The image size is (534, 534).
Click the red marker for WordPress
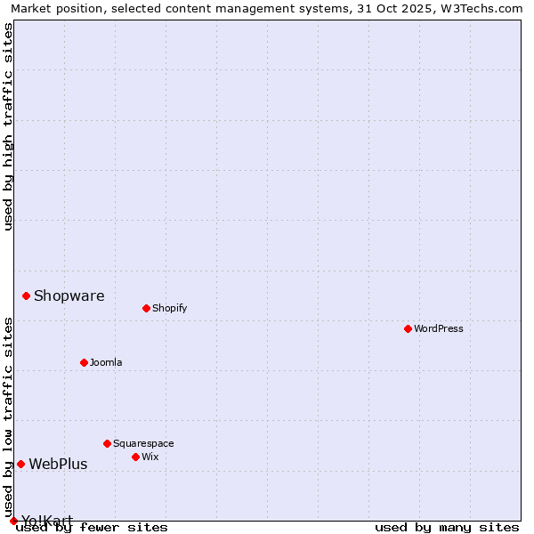[x=408, y=328]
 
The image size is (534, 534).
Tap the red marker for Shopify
[x=146, y=308]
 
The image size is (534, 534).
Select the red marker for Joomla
[x=84, y=362]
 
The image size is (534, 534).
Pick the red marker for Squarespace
[x=107, y=443]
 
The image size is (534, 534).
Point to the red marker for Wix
[x=135, y=457]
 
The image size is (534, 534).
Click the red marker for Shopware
[x=26, y=295]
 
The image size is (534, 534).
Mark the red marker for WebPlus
[x=20, y=464]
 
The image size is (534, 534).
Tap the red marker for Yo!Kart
[x=13, y=521]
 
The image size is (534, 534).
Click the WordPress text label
[x=439, y=328]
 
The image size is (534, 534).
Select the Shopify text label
[x=170, y=308]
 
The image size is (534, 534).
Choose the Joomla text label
[x=106, y=362]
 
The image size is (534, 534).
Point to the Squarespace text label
[x=143, y=443]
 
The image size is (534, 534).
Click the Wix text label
[x=150, y=457]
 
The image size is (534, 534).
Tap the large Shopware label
[x=69, y=296]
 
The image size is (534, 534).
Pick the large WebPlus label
[x=58, y=464]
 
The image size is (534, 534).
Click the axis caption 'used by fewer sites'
[x=93, y=527]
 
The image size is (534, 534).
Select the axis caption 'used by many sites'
[x=447, y=527]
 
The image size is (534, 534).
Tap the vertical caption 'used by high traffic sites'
[x=9, y=126]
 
